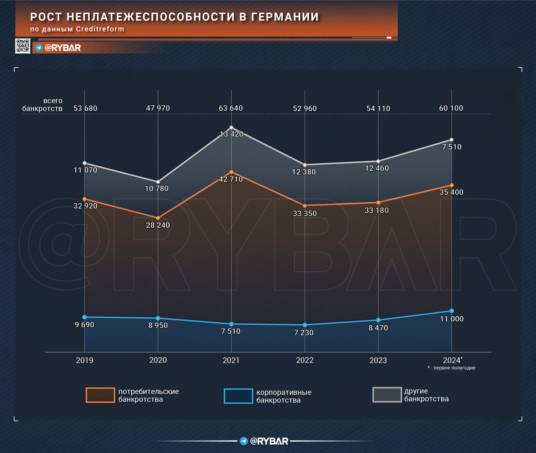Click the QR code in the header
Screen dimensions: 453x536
coord(23,46)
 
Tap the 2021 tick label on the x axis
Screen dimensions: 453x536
coord(231,360)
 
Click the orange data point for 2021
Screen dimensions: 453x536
coord(231,172)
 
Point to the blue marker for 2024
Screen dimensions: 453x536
coord(451,311)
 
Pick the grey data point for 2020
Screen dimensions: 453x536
coord(158,182)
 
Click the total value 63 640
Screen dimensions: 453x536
coord(231,108)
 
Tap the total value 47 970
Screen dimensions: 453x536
coord(158,108)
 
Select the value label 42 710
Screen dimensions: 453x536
coord(231,179)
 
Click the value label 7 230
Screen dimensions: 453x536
coord(304,333)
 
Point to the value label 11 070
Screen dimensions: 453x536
coord(85,170)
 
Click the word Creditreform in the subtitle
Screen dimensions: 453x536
coord(100,29)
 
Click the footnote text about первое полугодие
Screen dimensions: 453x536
coord(451,368)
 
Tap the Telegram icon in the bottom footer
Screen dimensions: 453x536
coord(244,441)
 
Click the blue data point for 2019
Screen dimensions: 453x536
coord(85,317)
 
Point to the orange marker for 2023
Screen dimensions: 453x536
coord(378,202)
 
